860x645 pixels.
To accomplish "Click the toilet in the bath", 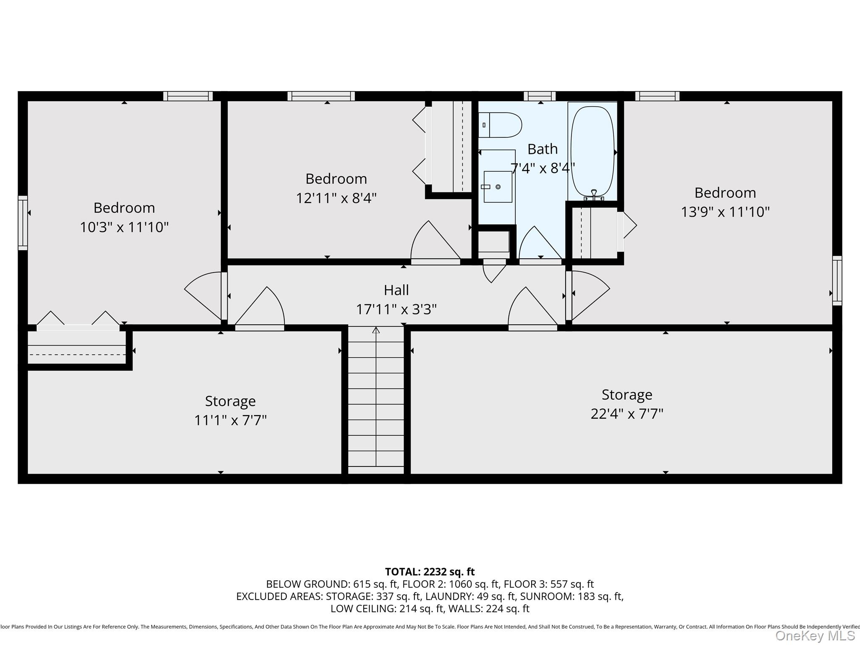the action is click(x=500, y=125).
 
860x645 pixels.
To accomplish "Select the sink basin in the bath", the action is click(x=498, y=186).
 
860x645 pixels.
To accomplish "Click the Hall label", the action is click(x=396, y=290).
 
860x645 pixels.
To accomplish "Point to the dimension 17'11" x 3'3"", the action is click(x=396, y=309).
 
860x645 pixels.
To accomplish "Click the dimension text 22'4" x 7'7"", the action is click(x=627, y=414).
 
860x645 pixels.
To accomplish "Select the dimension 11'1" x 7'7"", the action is click(x=230, y=420).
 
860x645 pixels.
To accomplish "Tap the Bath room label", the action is click(x=543, y=149).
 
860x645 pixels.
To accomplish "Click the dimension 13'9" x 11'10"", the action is click(x=725, y=212).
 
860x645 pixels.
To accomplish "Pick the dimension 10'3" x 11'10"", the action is click(x=124, y=227).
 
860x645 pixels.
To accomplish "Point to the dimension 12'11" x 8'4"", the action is click(x=336, y=198).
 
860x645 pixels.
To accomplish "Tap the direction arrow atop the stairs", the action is click(x=376, y=330).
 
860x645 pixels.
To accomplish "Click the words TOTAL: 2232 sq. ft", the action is click(x=430, y=572).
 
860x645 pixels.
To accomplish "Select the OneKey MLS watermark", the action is click(x=815, y=636).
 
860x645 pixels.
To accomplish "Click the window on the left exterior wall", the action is click(x=23, y=223).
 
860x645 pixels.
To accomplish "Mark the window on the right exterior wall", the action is click(x=837, y=280).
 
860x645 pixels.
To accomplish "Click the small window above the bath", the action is click(x=540, y=96).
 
